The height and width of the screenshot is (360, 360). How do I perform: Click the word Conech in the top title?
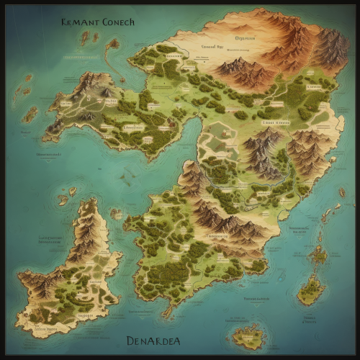[x=114, y=22]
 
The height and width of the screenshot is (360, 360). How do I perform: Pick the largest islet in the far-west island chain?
[x=30, y=114]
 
